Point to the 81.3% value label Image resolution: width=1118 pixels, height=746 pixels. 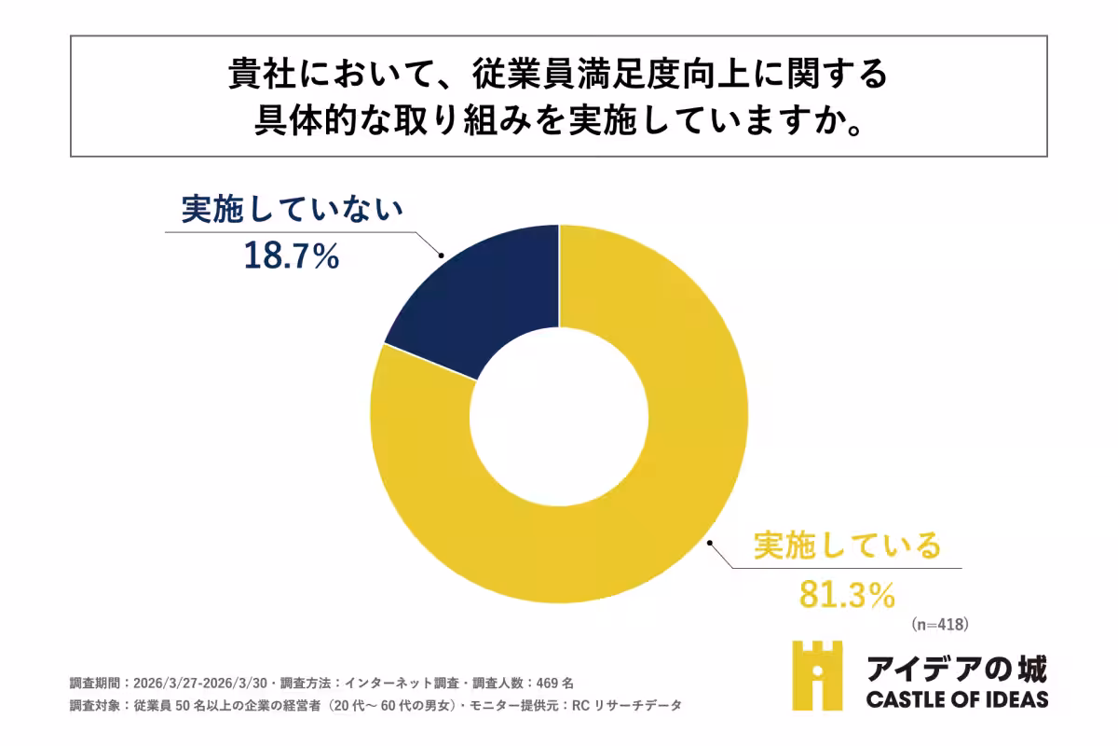coord(847,593)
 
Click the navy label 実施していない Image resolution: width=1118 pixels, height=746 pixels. coord(292,212)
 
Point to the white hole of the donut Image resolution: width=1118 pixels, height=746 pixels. coord(559,415)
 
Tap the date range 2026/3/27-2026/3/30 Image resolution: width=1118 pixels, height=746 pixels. coord(198,682)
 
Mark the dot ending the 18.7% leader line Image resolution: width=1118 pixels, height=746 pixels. coord(440,256)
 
